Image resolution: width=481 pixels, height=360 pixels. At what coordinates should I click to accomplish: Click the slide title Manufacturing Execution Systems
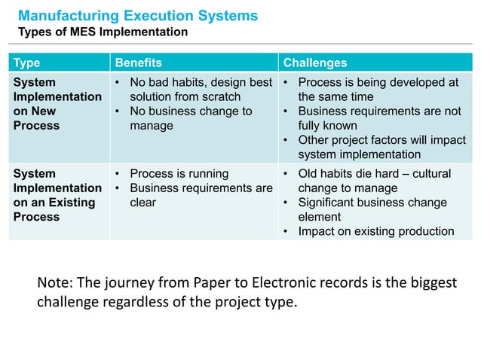[137, 15]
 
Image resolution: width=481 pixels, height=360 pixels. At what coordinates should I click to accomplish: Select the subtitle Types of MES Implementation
[103, 32]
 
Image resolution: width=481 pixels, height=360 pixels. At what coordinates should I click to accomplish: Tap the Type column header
[27, 63]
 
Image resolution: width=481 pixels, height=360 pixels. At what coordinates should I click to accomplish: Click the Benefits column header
[138, 63]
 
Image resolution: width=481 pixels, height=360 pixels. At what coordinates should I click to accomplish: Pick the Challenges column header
[315, 63]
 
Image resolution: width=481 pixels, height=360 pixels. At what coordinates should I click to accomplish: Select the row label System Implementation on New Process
[57, 104]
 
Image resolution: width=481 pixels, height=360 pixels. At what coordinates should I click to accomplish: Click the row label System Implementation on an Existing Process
[57, 195]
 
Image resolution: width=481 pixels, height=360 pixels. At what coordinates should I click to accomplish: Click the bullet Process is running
[175, 174]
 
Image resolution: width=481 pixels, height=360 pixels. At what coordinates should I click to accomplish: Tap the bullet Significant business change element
[372, 209]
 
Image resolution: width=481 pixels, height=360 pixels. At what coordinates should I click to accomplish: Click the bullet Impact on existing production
[375, 231]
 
